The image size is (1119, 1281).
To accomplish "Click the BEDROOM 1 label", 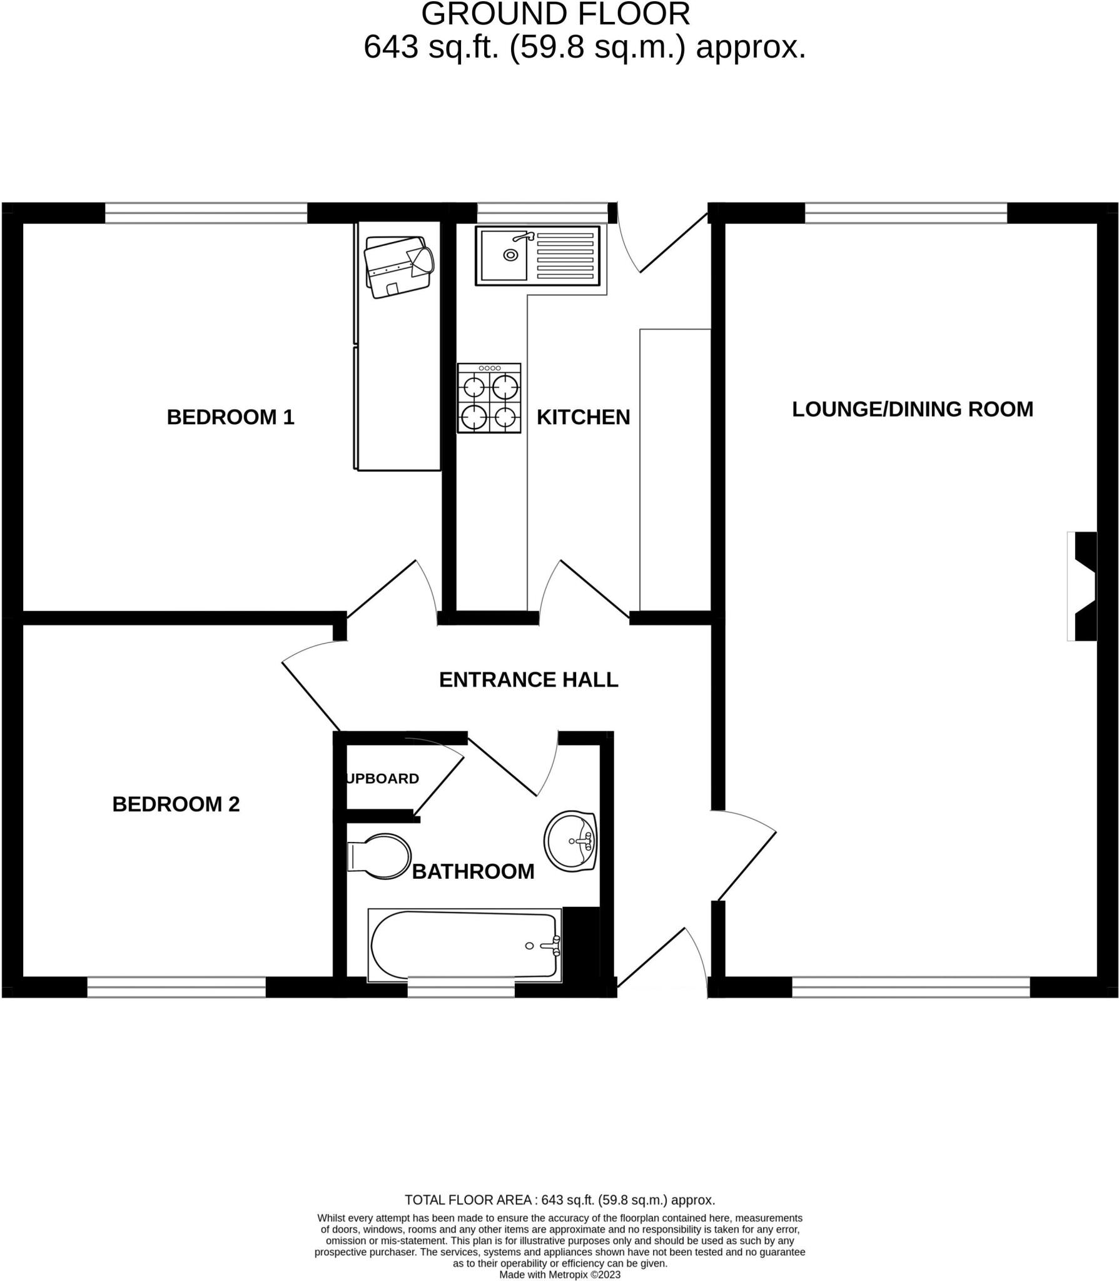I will tap(230, 417).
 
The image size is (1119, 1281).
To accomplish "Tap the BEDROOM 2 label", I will tap(176, 804).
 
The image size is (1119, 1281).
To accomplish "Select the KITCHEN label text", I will tap(583, 417).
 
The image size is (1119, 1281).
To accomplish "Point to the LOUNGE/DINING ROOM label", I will tap(913, 409).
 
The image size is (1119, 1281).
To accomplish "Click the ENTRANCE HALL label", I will tap(529, 680).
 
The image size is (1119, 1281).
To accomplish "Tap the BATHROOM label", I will tap(473, 871).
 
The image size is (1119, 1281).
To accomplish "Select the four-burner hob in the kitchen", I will tap(489, 398).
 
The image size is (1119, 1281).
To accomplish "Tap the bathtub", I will tap(464, 946).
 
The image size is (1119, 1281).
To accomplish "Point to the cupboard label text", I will tap(382, 779).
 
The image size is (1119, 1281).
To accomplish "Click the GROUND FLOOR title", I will tap(555, 14).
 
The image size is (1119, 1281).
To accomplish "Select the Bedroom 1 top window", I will tap(206, 213).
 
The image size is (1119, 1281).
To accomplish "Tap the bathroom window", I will tap(461, 990).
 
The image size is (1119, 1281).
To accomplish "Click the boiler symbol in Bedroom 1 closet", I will tap(399, 266).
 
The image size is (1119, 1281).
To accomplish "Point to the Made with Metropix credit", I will tap(559, 1275).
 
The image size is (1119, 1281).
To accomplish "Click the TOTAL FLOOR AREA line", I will tap(559, 1200).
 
